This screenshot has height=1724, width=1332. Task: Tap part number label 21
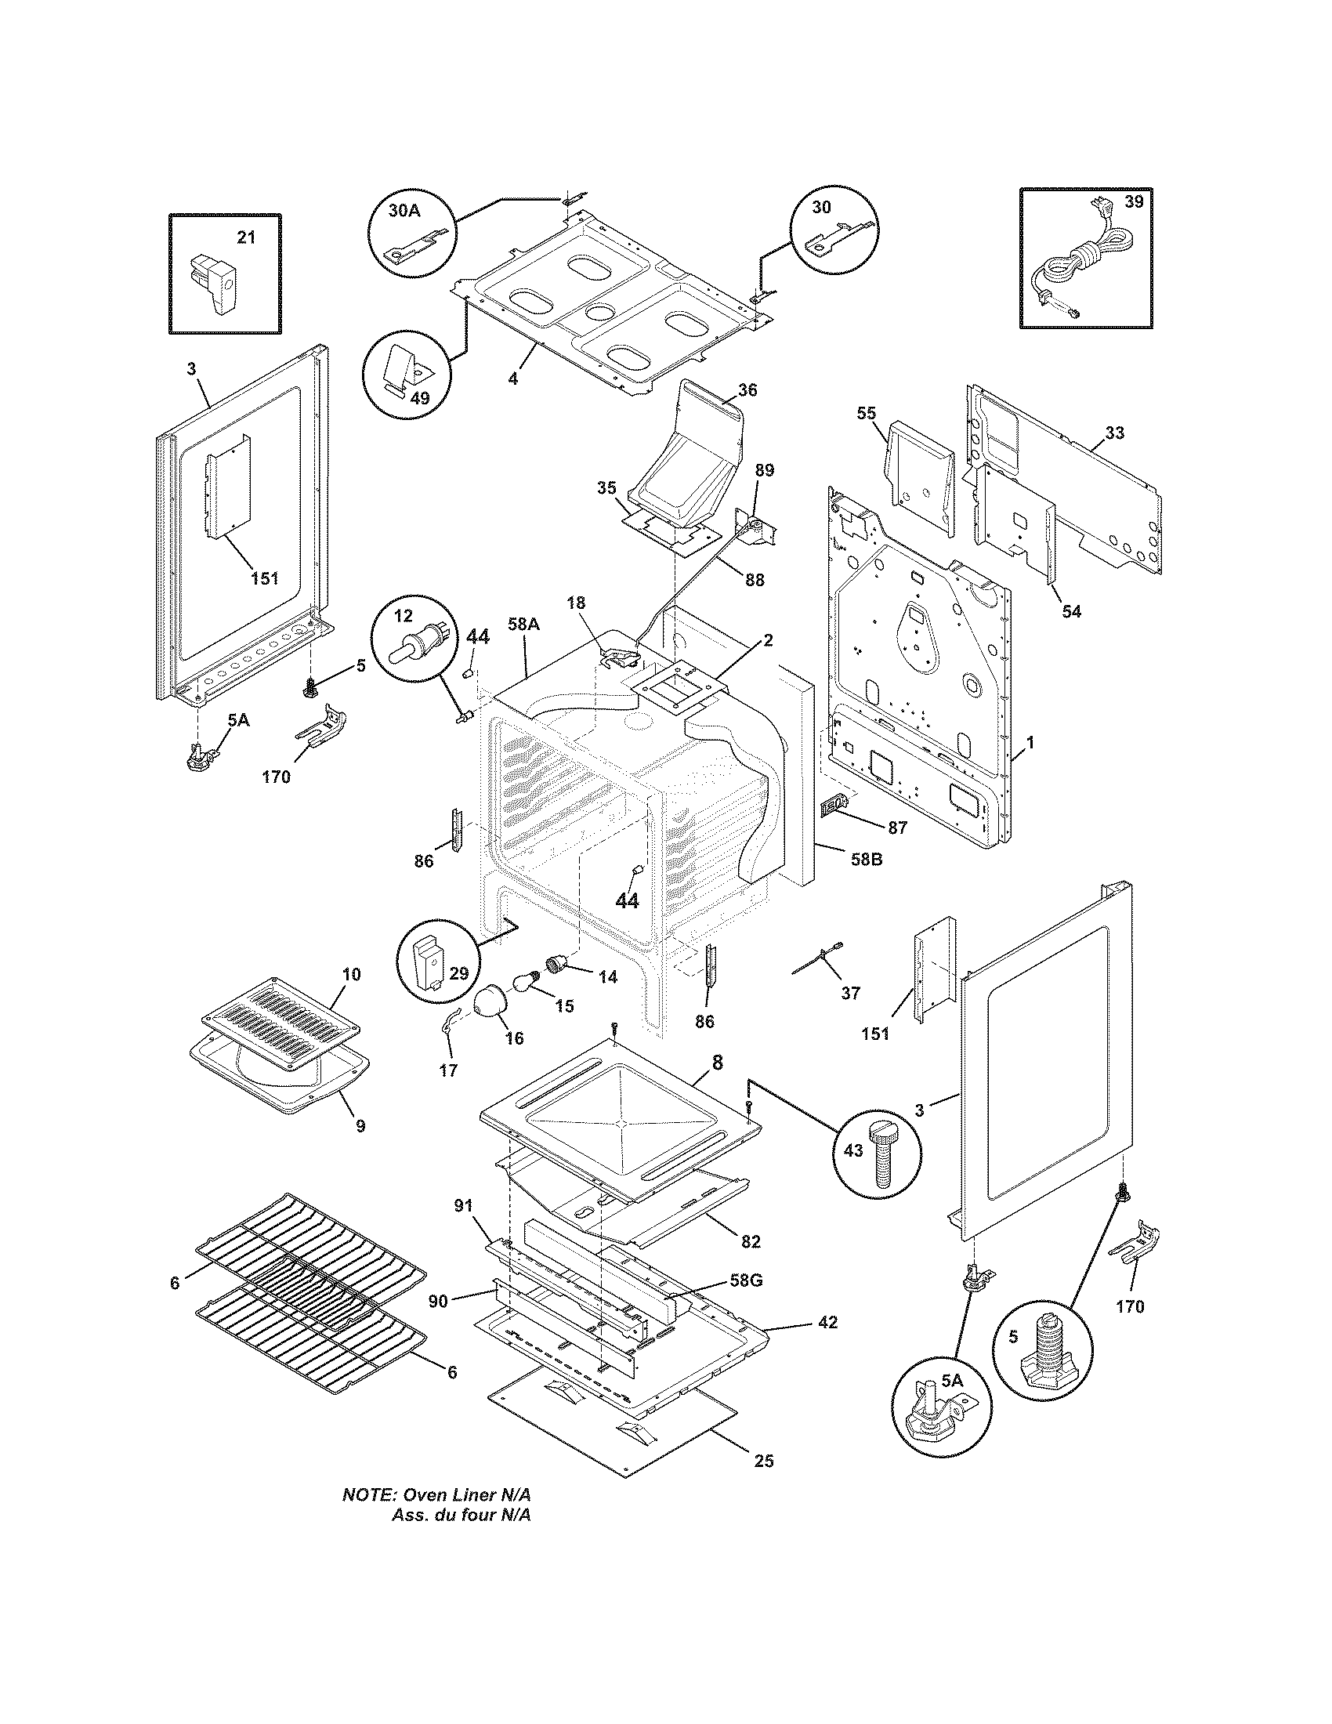pyautogui.click(x=247, y=237)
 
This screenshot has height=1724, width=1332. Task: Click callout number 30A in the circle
pyautogui.click(x=404, y=211)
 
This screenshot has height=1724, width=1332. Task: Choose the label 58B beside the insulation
pyautogui.click(x=865, y=859)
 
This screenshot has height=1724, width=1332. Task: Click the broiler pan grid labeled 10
pyautogui.click(x=281, y=1024)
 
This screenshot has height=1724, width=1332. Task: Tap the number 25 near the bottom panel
pyautogui.click(x=763, y=1461)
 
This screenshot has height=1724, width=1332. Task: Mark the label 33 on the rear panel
pyautogui.click(x=1114, y=433)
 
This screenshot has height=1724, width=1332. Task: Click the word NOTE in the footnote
pyautogui.click(x=368, y=1495)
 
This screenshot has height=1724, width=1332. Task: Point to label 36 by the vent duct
pyautogui.click(x=747, y=390)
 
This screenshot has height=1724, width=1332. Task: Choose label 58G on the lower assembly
pyautogui.click(x=745, y=1280)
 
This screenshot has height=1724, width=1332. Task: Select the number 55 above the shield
pyautogui.click(x=867, y=413)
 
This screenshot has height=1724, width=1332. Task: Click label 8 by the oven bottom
pyautogui.click(x=716, y=1063)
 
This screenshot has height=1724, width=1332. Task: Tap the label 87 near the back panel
pyautogui.click(x=897, y=828)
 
